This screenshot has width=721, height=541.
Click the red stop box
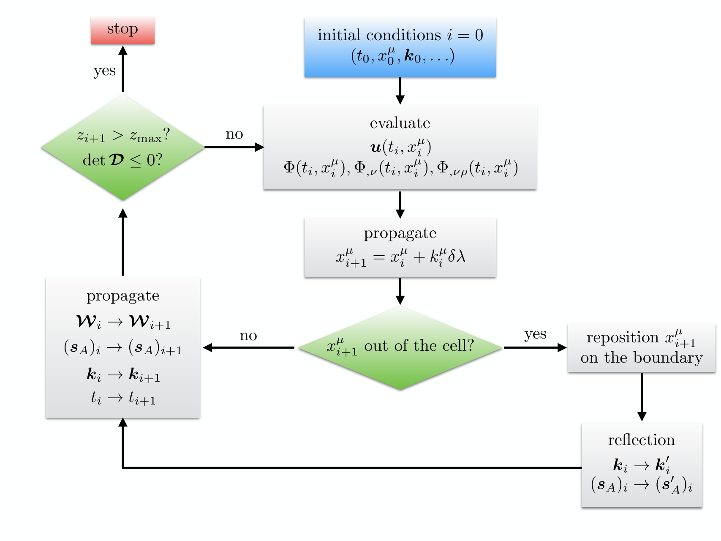click(x=122, y=30)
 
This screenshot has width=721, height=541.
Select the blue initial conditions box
click(x=400, y=47)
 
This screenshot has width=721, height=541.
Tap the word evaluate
click(x=400, y=123)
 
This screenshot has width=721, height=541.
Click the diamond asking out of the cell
click(x=400, y=347)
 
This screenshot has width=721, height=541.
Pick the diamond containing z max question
click(x=122, y=147)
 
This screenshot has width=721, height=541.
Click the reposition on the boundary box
click(x=642, y=347)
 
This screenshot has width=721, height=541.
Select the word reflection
click(x=641, y=440)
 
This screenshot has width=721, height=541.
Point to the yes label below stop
click(x=104, y=71)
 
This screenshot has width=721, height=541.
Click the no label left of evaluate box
click(x=234, y=134)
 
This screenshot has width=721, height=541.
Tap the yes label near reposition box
click(x=535, y=334)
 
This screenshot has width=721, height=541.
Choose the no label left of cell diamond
click(x=248, y=336)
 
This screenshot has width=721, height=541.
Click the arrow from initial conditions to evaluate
click(x=400, y=90)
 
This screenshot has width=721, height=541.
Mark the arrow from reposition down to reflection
click(x=642, y=396)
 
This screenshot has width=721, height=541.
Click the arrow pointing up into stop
click(x=122, y=68)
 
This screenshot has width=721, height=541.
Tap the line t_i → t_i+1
click(x=123, y=398)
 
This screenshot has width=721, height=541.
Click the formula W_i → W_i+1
click(x=123, y=322)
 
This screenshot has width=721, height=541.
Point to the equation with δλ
click(x=400, y=257)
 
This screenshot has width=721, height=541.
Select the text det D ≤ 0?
click(x=122, y=160)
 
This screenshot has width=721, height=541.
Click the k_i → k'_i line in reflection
click(x=641, y=465)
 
